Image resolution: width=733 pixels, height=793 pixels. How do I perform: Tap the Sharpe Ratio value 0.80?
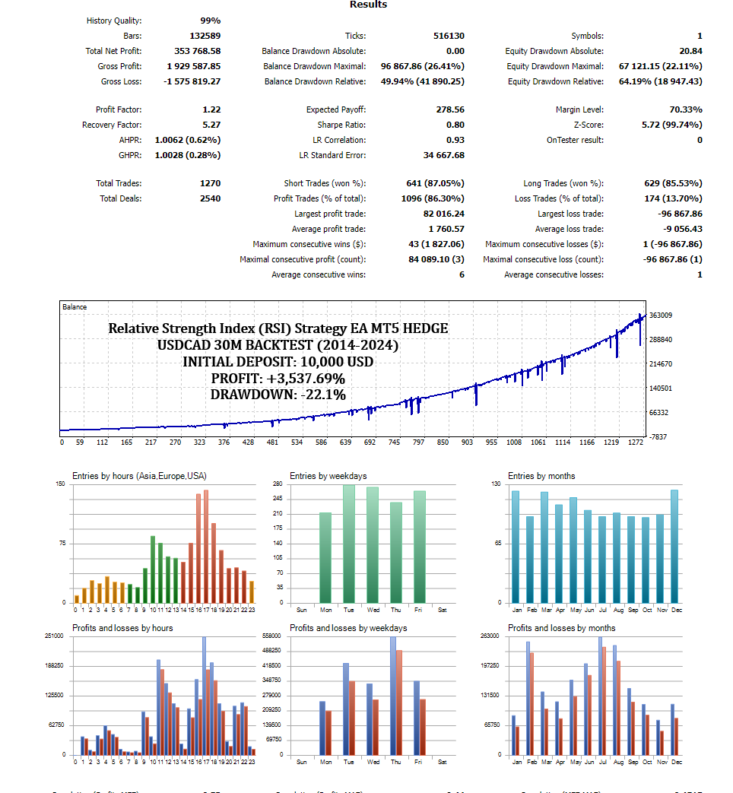tap(455, 125)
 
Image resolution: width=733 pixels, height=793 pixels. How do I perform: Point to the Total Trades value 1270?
tap(208, 183)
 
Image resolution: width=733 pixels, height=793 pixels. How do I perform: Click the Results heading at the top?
tap(368, 5)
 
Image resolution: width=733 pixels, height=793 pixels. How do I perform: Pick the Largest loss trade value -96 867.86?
tap(672, 214)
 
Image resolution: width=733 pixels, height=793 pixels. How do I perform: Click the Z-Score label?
tap(589, 125)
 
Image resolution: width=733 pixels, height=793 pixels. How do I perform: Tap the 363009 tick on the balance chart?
tap(660, 315)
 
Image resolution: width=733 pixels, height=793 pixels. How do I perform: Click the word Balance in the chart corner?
tap(75, 307)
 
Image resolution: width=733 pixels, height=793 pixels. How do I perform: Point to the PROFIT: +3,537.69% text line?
tap(278, 378)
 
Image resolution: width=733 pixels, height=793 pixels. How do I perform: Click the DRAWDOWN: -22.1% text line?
tap(278, 394)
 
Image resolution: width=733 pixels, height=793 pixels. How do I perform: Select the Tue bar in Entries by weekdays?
tap(349, 544)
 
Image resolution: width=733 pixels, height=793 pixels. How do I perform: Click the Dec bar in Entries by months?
tap(674, 546)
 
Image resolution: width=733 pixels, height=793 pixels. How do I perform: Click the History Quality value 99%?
tap(210, 21)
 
